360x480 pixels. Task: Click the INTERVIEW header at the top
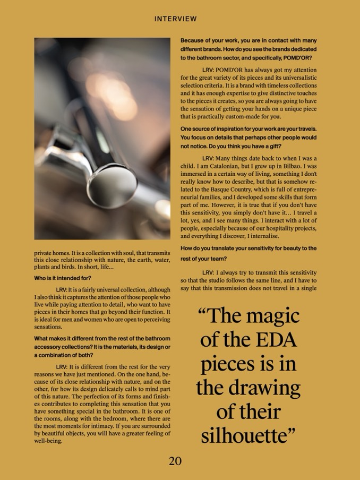(x=175, y=19)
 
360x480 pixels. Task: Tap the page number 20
(x=175, y=461)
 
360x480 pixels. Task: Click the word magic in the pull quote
(x=270, y=316)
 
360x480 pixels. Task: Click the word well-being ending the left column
(x=49, y=441)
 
